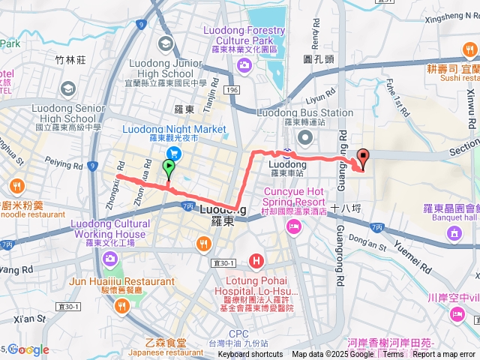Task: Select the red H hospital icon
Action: [x=256, y=262]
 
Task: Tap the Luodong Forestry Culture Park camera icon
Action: [x=244, y=65]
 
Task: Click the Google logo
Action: [x=28, y=349]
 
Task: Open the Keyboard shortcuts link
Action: [x=250, y=355]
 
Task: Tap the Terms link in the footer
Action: [x=393, y=355]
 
